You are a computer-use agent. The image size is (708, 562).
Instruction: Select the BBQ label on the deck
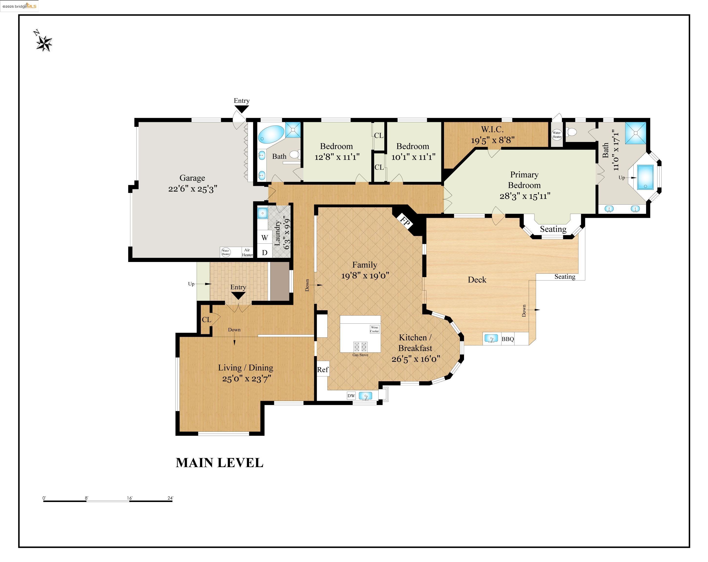pos(508,339)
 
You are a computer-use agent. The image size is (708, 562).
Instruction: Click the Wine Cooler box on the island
pos(374,329)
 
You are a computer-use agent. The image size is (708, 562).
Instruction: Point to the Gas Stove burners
pos(360,347)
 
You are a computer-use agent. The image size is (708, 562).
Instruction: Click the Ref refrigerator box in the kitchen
pos(323,370)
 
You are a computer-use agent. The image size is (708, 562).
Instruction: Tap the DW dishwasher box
pos(351,396)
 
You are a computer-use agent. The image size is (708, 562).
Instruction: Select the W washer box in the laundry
pos(265,237)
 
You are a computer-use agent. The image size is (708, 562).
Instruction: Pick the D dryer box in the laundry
pos(265,252)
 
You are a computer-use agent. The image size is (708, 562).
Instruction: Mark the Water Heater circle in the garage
pos(226,252)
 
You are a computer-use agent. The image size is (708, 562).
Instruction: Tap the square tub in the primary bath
pos(645,177)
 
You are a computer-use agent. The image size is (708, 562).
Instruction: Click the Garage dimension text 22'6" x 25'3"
pos(193,189)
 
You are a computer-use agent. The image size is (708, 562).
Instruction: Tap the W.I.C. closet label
pos(492,129)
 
